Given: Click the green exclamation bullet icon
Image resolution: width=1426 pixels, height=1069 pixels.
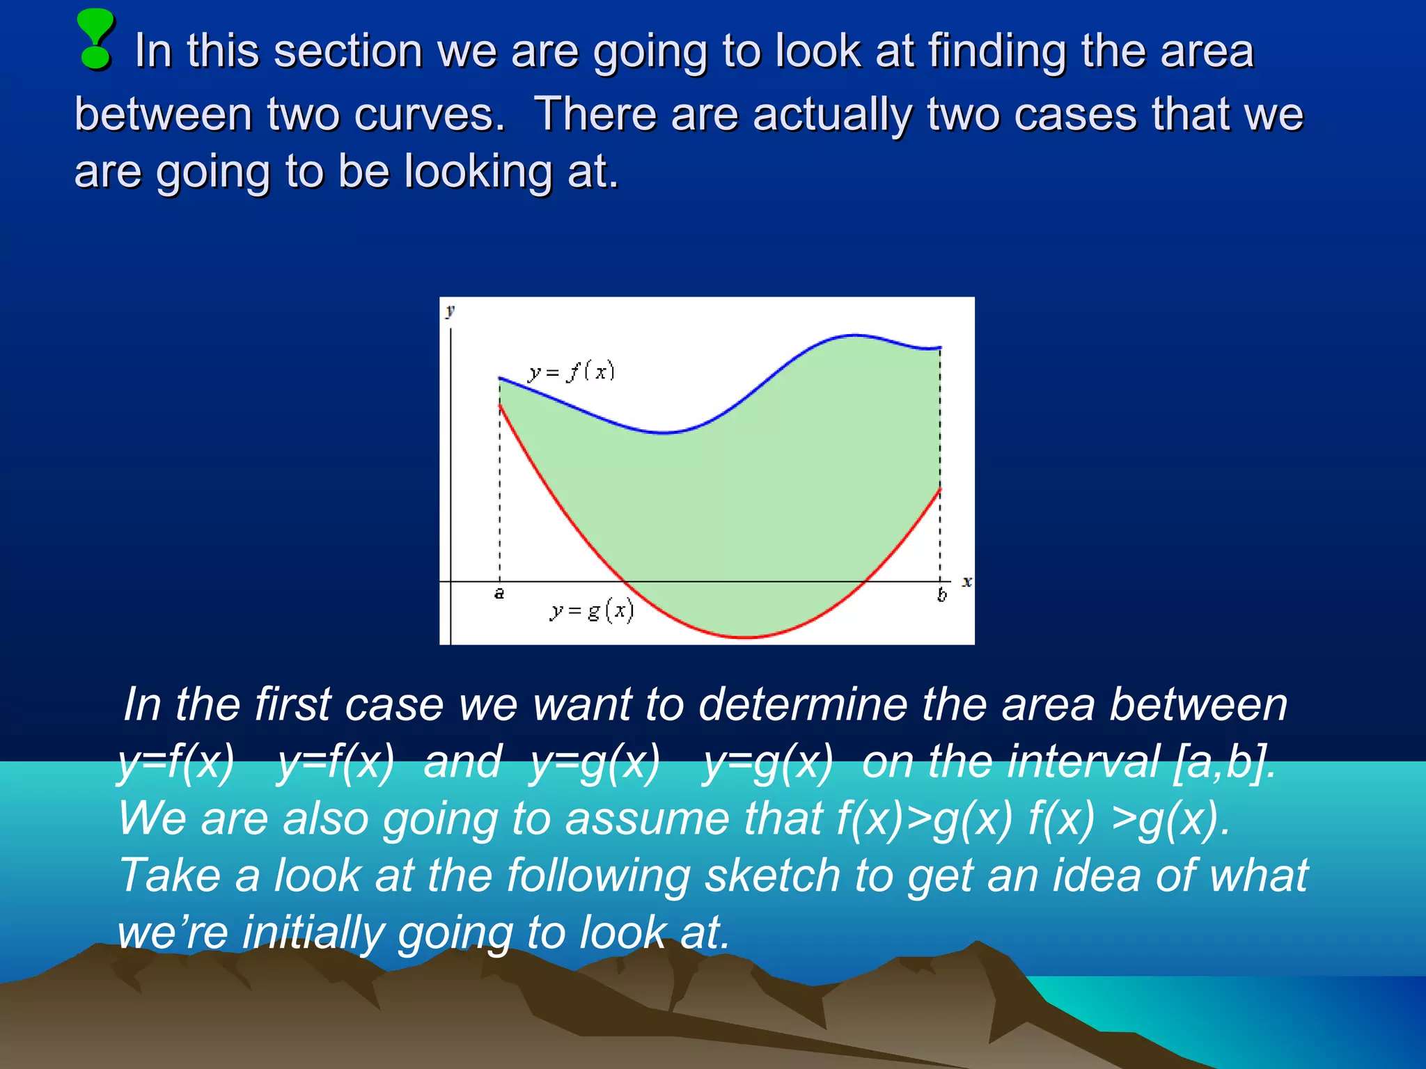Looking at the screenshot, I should [x=95, y=40].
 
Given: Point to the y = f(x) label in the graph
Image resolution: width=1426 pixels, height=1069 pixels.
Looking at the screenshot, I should [x=571, y=372].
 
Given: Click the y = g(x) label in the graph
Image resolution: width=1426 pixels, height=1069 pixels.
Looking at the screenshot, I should [x=591, y=610].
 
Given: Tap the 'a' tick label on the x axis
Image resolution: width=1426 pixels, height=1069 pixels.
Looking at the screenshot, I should [x=499, y=594].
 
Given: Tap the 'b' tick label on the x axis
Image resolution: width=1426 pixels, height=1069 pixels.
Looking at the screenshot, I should [x=941, y=595].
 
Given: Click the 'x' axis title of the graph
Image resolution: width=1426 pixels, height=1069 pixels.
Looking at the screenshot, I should [x=966, y=581].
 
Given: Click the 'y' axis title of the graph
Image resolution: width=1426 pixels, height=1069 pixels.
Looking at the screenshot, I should [x=450, y=310].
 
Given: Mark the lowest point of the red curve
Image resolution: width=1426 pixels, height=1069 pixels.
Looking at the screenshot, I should [x=746, y=637].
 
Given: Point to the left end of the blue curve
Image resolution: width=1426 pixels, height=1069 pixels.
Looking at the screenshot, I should [x=500, y=378].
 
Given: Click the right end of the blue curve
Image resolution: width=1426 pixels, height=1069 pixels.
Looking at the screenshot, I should [x=941, y=347].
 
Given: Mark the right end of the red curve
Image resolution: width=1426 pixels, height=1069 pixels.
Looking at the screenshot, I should [x=941, y=489].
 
